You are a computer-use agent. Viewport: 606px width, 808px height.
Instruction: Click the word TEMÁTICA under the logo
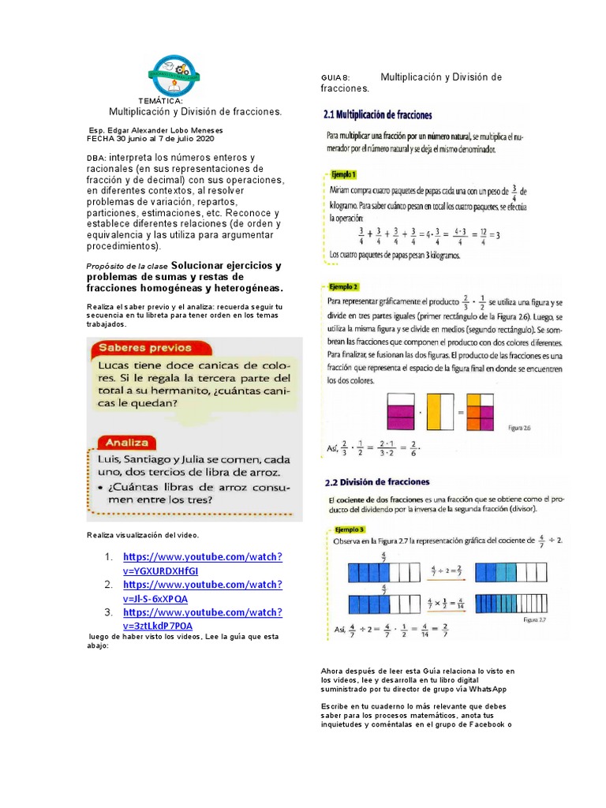[161, 102]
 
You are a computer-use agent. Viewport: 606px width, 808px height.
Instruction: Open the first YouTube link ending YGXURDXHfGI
[203, 563]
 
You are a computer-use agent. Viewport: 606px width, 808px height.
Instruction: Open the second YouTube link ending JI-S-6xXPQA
[203, 591]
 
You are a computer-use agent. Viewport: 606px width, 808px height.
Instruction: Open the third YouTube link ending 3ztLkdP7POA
[203, 619]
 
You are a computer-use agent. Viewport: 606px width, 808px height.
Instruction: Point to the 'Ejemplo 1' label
[343, 174]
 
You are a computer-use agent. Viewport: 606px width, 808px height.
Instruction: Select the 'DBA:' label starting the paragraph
[96, 158]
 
